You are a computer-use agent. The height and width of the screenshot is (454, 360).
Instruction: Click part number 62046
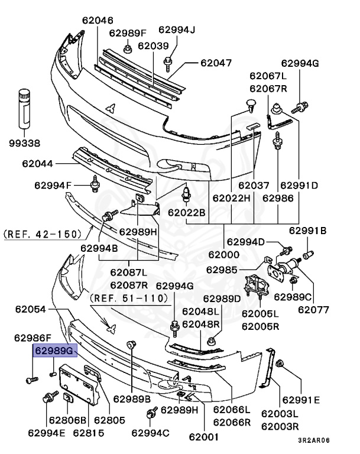point(98,20)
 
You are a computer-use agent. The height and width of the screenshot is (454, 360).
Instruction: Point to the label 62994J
point(177,30)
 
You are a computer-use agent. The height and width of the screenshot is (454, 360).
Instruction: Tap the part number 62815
point(89,433)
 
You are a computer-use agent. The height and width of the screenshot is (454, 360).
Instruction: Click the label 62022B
point(186,212)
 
